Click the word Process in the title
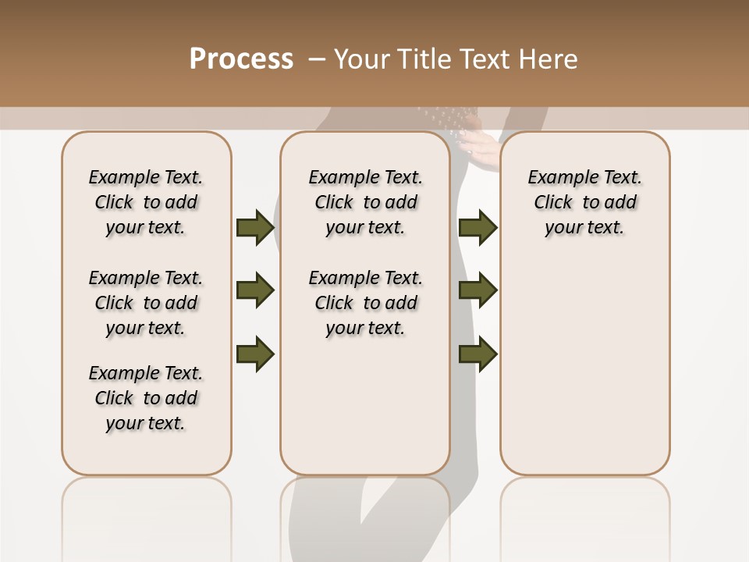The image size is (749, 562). pos(241,59)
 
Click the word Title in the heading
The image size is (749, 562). pos(422,59)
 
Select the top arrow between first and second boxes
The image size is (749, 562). pos(255,228)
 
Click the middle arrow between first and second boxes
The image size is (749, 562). pos(255,291)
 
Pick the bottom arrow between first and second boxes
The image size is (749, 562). pos(255,354)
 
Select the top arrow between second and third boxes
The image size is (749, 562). pos(478,228)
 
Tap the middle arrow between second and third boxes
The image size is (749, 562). pos(478,291)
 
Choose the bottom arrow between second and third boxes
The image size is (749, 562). pos(478,354)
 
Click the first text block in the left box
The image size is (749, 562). pos(146,202)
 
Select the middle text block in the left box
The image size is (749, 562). pos(146,303)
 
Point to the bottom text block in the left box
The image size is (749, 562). pos(146,398)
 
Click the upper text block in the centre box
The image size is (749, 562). pos(365,202)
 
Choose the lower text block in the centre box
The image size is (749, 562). pos(365,303)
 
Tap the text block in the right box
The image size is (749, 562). pos(585,202)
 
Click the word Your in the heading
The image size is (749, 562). pos(362,59)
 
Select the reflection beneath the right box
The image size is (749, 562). pos(585,515)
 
